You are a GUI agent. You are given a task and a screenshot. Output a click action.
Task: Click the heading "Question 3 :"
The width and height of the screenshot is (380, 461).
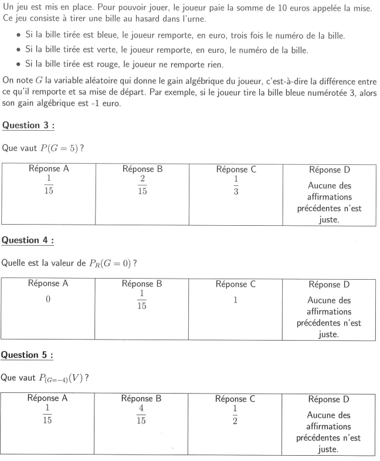pyautogui.click(x=28, y=125)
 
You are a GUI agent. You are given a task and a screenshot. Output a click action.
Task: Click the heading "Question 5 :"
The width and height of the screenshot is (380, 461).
pyautogui.click(x=28, y=355)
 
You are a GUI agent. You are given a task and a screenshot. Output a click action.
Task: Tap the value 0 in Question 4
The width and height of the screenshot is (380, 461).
pyautogui.click(x=49, y=300)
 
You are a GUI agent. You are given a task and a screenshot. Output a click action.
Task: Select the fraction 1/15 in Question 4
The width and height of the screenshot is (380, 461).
pyautogui.click(x=142, y=301)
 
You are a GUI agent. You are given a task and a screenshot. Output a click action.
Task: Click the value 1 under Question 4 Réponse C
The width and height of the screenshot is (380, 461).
pyautogui.click(x=236, y=300)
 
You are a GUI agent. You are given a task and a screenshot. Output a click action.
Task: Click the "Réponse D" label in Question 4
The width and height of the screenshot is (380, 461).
pyautogui.click(x=329, y=285)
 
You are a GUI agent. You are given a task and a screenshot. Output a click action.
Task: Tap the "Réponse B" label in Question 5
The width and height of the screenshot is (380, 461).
pyautogui.click(x=142, y=399)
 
